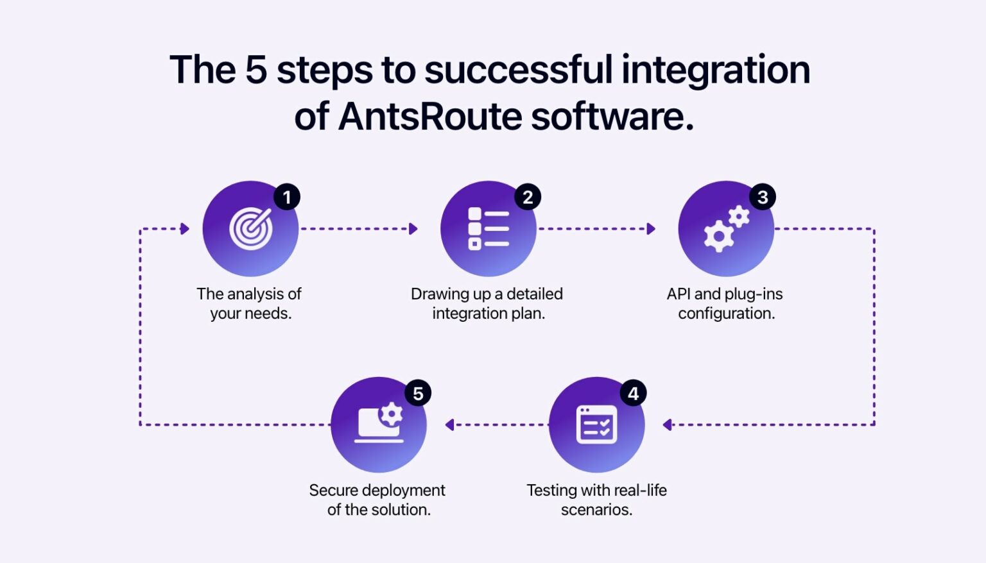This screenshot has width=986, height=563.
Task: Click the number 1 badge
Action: (287, 197)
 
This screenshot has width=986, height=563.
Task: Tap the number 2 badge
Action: (528, 197)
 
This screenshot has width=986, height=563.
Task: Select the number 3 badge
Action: (763, 197)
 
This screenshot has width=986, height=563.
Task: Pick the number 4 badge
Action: (633, 393)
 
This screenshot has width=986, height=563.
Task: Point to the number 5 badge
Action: (418, 393)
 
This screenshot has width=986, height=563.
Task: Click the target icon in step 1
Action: (251, 229)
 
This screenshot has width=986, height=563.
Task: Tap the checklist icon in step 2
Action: (489, 229)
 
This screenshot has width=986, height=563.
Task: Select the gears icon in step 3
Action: (726, 229)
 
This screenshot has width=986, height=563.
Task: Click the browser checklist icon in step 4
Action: (597, 424)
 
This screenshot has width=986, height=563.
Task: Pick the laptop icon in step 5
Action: (379, 424)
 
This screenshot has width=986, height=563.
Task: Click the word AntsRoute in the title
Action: (430, 117)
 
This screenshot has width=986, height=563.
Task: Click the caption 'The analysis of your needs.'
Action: (249, 303)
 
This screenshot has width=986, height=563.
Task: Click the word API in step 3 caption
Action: (679, 294)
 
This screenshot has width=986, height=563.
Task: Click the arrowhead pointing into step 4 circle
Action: (668, 424)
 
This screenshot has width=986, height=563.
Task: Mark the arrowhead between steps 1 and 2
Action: (413, 229)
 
